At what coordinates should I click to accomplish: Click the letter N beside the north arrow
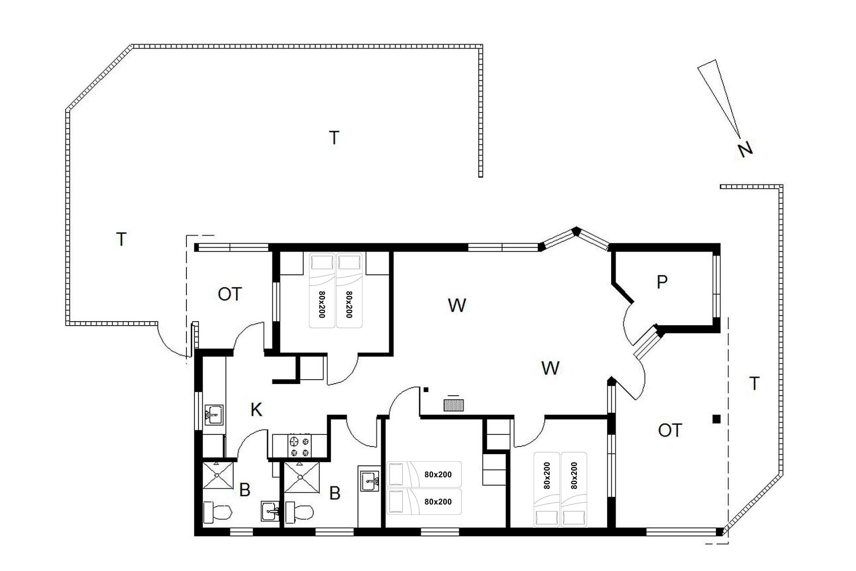click(x=745, y=149)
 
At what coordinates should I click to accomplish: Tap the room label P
click(x=662, y=282)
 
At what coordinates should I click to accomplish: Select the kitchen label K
click(x=256, y=410)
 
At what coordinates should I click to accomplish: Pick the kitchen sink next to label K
click(x=214, y=415)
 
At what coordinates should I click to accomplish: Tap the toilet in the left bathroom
click(x=217, y=513)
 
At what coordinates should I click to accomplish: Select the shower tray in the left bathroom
click(x=218, y=477)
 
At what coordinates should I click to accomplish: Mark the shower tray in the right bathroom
click(x=302, y=477)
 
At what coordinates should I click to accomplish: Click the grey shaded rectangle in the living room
click(x=454, y=405)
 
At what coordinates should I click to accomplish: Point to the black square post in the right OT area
click(x=716, y=419)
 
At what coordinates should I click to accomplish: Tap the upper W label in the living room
click(x=457, y=306)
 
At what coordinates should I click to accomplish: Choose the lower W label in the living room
click(x=550, y=368)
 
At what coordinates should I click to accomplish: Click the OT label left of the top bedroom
click(x=230, y=294)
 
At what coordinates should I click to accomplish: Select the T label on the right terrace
click(x=754, y=384)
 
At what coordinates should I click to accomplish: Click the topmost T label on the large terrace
click(x=334, y=138)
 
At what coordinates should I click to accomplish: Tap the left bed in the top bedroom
click(x=322, y=290)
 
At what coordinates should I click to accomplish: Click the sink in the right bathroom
click(x=369, y=480)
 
